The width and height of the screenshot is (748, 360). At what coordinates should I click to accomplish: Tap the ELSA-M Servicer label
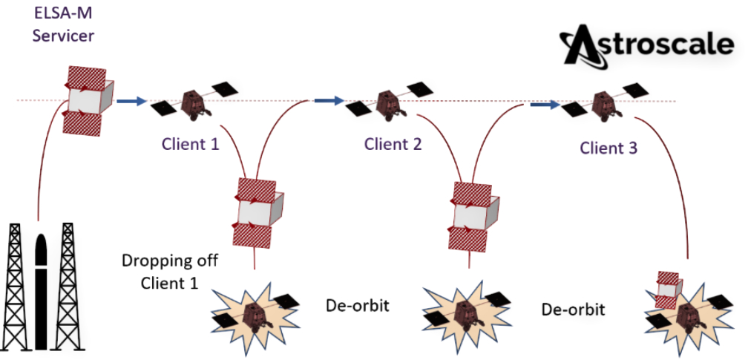point(63,25)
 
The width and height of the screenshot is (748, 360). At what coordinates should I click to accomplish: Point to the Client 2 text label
point(393,143)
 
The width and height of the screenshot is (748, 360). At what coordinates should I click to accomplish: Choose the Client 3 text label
point(608,148)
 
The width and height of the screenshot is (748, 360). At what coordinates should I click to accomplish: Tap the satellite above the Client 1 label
point(197,102)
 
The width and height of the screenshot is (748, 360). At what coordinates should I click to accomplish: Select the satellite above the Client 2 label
point(388,102)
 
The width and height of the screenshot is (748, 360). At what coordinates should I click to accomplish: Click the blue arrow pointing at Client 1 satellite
point(131,100)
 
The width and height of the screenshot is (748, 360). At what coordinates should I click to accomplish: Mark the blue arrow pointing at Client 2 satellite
point(327,100)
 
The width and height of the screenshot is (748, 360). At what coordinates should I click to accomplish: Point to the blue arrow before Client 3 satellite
point(544,105)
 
